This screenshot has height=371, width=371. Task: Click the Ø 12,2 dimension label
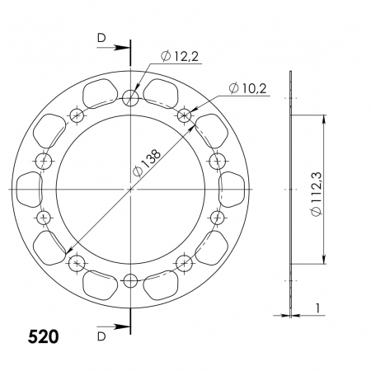coord(180,57)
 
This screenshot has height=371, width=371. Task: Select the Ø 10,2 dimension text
coord(247,88)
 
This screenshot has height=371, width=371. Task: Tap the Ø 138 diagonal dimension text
coord(147,163)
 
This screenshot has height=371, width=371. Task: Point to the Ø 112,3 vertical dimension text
coord(317,194)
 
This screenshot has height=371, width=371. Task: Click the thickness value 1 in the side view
coord(318,308)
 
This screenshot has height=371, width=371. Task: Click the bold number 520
coord(43,336)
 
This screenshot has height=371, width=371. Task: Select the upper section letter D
coord(101,39)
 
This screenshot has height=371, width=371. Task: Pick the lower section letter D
coord(101,336)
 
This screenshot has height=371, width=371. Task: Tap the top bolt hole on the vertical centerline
coord(130,98)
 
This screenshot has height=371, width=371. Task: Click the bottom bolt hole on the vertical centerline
coord(130,280)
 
